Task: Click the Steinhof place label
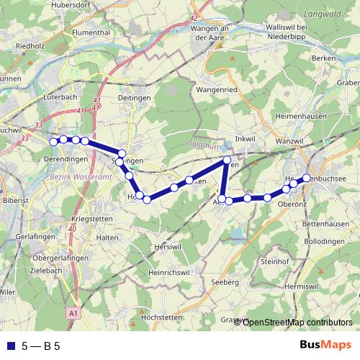click(274, 261)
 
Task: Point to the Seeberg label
click(226, 282)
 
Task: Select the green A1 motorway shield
click(74, 314)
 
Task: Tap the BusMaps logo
click(325, 345)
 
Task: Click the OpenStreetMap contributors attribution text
click(297, 322)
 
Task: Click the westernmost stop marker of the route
click(53, 142)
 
